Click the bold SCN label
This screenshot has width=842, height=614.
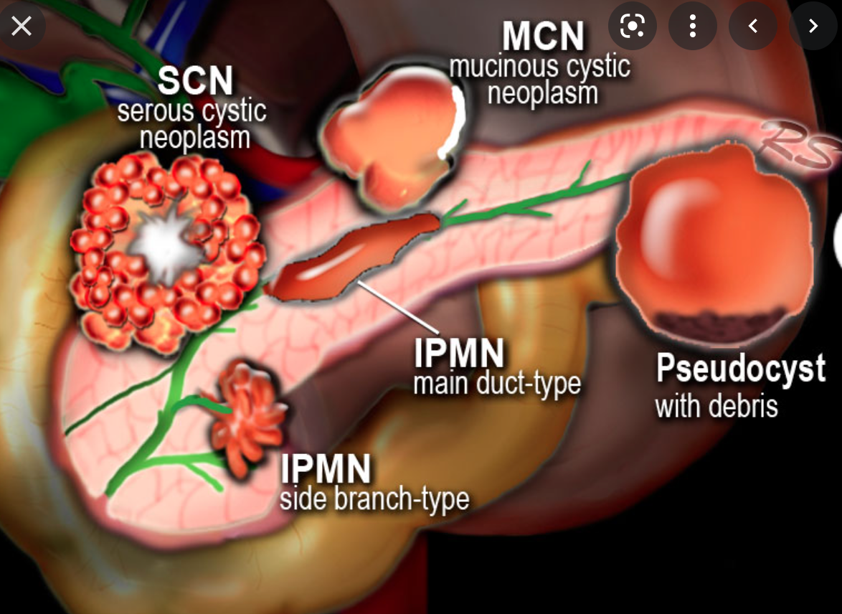click(195, 81)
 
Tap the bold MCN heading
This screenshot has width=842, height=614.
click(542, 37)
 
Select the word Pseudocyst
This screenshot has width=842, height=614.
click(741, 369)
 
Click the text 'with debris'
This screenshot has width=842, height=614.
click(716, 407)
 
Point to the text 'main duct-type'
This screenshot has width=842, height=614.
click(496, 384)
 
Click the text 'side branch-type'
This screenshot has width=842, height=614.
click(374, 499)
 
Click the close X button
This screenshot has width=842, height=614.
click(22, 27)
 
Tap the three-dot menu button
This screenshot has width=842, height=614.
click(692, 27)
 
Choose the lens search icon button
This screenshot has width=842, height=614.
click(632, 27)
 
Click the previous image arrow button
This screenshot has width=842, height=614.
click(752, 27)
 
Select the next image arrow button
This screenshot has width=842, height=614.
click(813, 27)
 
